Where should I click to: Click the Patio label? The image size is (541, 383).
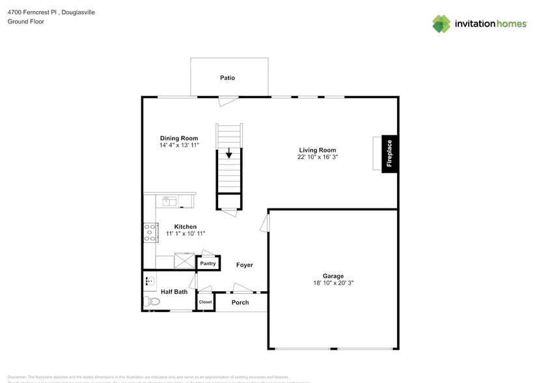227,78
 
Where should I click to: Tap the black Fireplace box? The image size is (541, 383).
389,154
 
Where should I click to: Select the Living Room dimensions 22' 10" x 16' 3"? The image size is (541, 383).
318,157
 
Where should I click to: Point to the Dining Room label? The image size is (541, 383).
179,138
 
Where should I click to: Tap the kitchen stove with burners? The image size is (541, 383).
150,233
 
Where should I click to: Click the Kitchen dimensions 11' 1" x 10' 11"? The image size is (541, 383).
185,234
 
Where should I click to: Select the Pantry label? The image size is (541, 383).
208,264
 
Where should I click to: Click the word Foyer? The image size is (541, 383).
244,265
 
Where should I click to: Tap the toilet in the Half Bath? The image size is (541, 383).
152,302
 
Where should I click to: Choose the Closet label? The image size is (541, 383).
205,302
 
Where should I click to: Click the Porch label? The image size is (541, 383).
240,302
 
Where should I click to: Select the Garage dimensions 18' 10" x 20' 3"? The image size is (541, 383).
333,283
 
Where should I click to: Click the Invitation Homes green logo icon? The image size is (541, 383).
441,24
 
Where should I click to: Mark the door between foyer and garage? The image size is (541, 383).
264,223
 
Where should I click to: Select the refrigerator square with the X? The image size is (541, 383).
185,261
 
